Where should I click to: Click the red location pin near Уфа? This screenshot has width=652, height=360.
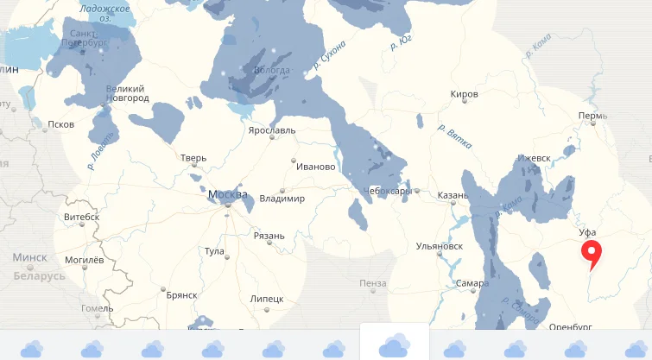point(592,253)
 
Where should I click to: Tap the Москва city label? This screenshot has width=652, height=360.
point(228,194)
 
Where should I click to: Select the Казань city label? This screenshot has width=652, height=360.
point(452,196)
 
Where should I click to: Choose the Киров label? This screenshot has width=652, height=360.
point(464,94)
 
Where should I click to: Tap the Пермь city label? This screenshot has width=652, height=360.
point(593,116)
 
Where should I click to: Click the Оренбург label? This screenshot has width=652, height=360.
point(570,327)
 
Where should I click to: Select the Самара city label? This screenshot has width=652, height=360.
point(472,283)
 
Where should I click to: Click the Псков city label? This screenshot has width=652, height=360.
point(60,124)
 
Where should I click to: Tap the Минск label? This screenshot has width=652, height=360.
point(29,257)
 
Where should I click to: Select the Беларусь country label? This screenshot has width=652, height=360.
point(39,276)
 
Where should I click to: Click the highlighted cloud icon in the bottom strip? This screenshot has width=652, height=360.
point(394,344)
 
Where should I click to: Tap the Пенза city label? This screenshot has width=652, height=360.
point(373,283)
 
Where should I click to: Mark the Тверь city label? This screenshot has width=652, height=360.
point(193,158)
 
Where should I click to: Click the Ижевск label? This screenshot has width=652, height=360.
point(534,158)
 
